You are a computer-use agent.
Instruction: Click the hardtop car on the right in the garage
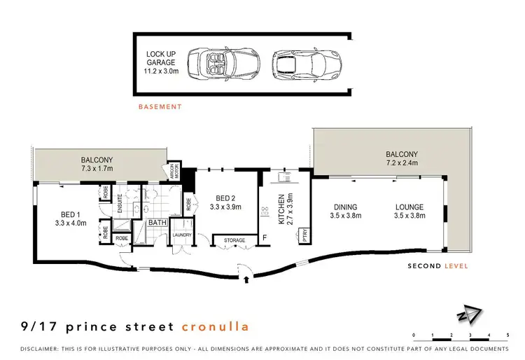tap(295, 66)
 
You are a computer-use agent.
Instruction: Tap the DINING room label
tap(346, 212)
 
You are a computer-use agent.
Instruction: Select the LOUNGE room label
tap(409, 212)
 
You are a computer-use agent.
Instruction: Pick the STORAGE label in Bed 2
tap(234, 240)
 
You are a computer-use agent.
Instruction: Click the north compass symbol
tap(475, 317)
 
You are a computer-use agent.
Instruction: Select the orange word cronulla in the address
tap(215, 326)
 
